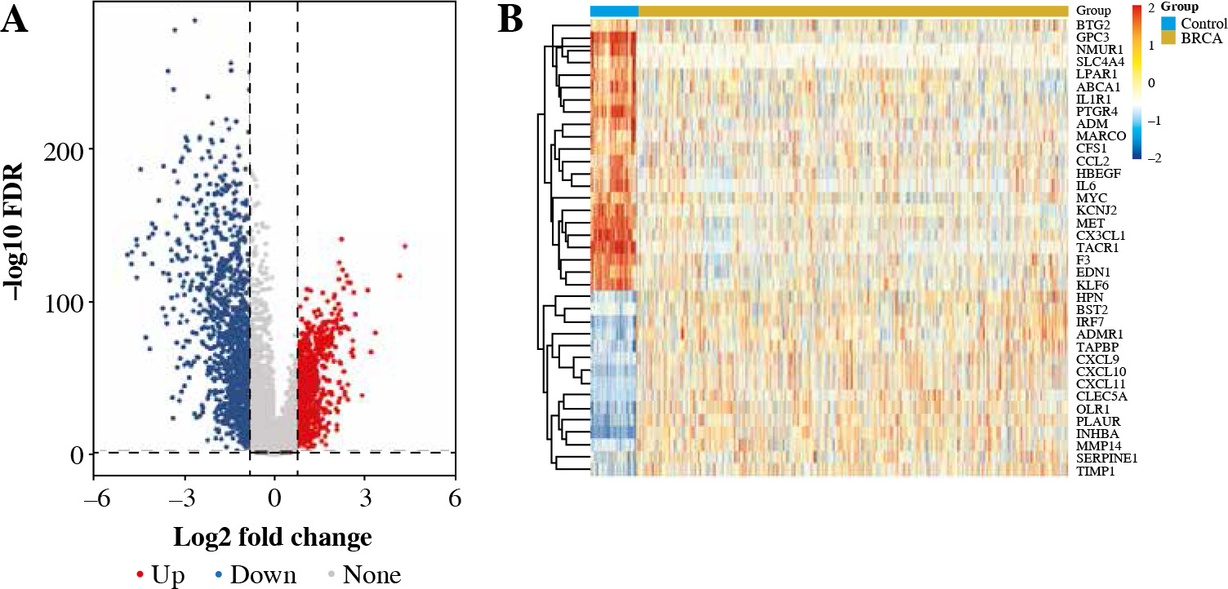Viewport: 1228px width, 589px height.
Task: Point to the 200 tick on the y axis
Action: [x=69, y=149]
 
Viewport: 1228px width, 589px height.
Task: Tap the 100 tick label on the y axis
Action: [x=69, y=302]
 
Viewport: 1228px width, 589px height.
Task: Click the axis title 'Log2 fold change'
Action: [x=273, y=538]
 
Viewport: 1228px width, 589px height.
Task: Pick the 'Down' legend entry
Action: [x=256, y=575]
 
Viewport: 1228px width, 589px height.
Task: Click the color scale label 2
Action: [x=1150, y=7]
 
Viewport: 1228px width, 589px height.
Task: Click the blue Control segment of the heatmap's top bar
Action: [x=613, y=11]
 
